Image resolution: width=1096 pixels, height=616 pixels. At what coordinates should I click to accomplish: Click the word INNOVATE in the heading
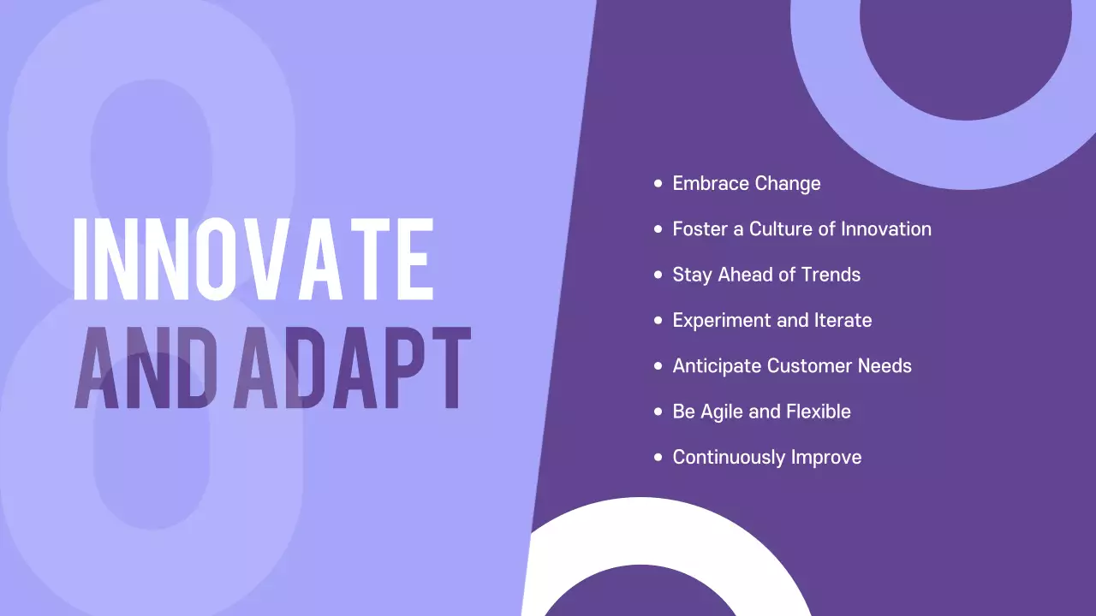pyautogui.click(x=253, y=258)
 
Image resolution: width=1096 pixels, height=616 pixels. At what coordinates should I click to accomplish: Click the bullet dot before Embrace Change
pyautogui.click(x=658, y=183)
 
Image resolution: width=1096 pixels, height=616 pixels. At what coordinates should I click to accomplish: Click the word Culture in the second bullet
pyautogui.click(x=783, y=229)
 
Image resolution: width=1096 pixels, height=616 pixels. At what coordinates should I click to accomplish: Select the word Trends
pyautogui.click(x=830, y=275)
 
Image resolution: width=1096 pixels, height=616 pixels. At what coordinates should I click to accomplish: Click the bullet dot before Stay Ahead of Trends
pyautogui.click(x=658, y=275)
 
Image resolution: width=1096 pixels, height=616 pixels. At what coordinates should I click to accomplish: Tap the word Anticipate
pyautogui.click(x=717, y=366)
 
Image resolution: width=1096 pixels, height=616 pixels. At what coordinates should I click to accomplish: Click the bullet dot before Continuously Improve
pyautogui.click(x=658, y=457)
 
